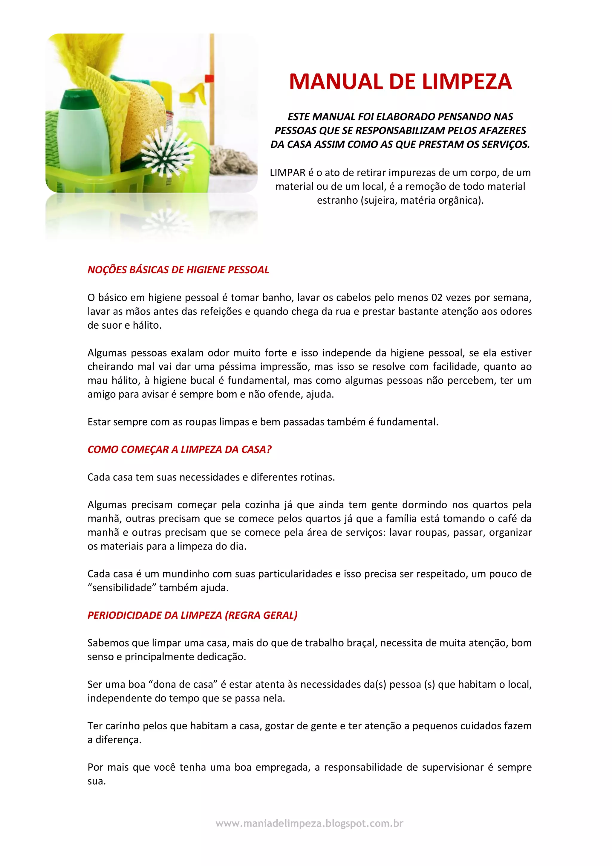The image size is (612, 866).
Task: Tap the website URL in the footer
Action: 309,823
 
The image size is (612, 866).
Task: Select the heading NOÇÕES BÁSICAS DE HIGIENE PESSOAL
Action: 178,270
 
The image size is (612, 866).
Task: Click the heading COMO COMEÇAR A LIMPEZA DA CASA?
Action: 179,449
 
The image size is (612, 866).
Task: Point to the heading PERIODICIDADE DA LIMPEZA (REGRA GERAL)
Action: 192,615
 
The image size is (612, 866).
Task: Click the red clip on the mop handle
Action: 208,79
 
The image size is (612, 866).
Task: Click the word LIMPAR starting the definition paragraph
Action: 287,173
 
